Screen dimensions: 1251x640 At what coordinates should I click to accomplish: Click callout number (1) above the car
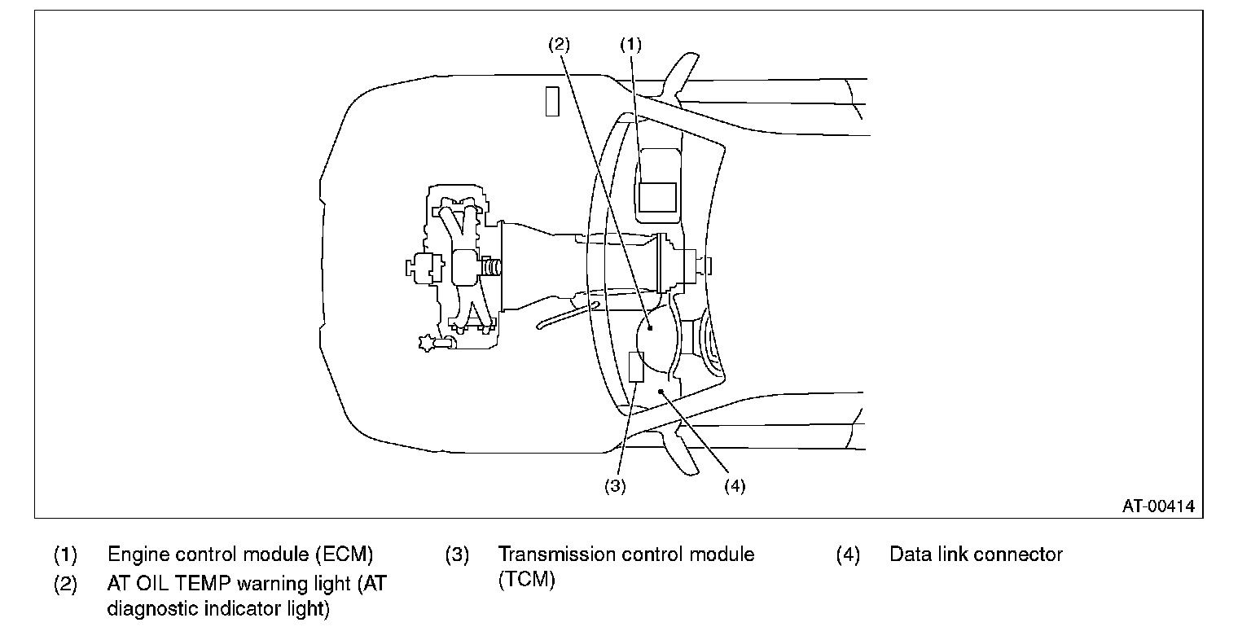[630, 44]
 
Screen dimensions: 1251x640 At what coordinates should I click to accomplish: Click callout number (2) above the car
[559, 44]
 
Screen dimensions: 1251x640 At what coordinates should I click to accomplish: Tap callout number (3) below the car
[615, 486]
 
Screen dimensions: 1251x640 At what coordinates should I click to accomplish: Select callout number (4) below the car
[735, 486]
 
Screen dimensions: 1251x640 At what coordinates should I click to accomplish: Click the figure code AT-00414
[1158, 506]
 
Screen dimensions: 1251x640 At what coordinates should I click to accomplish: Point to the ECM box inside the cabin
[657, 197]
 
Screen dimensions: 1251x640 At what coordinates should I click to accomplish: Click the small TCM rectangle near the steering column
[636, 367]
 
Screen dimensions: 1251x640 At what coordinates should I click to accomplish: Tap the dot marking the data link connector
[661, 391]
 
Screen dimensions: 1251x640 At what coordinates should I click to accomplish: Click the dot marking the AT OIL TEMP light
[650, 328]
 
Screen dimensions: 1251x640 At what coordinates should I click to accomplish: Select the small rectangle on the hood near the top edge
[552, 101]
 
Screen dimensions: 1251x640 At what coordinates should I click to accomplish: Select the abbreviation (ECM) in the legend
[344, 555]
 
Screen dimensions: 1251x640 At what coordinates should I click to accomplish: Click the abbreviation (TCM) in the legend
[527, 580]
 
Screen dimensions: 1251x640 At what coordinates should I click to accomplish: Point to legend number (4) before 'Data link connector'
[848, 555]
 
